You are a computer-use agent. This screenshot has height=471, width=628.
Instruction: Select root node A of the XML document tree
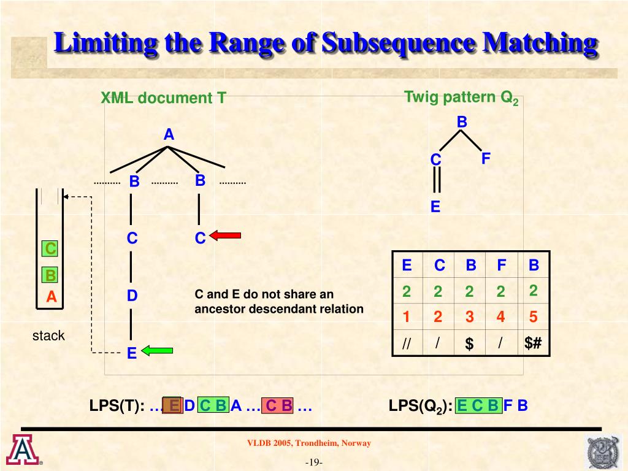click(x=169, y=135)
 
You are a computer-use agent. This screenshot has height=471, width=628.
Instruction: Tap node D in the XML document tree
click(x=132, y=296)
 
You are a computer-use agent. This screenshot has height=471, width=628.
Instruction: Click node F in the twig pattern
click(x=486, y=159)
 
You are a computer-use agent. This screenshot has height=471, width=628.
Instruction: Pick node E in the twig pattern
click(x=435, y=207)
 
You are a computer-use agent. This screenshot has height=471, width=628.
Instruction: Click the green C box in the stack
click(x=50, y=248)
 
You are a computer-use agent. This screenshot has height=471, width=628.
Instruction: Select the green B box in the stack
click(x=50, y=275)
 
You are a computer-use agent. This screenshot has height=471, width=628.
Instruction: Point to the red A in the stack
click(x=52, y=297)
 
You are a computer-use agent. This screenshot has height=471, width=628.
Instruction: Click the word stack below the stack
click(x=48, y=335)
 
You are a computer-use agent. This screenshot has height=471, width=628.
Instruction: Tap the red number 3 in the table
click(x=469, y=317)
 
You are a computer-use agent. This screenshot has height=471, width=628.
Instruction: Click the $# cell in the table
click(x=533, y=343)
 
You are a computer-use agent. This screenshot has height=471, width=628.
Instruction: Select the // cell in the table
click(x=406, y=344)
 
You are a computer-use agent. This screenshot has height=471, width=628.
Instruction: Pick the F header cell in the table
click(x=502, y=266)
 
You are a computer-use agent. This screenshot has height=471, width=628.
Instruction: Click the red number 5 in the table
click(x=533, y=317)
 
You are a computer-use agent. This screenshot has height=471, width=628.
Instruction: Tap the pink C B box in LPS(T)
click(x=278, y=405)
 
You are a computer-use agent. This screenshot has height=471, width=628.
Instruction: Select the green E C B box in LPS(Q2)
click(x=478, y=405)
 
